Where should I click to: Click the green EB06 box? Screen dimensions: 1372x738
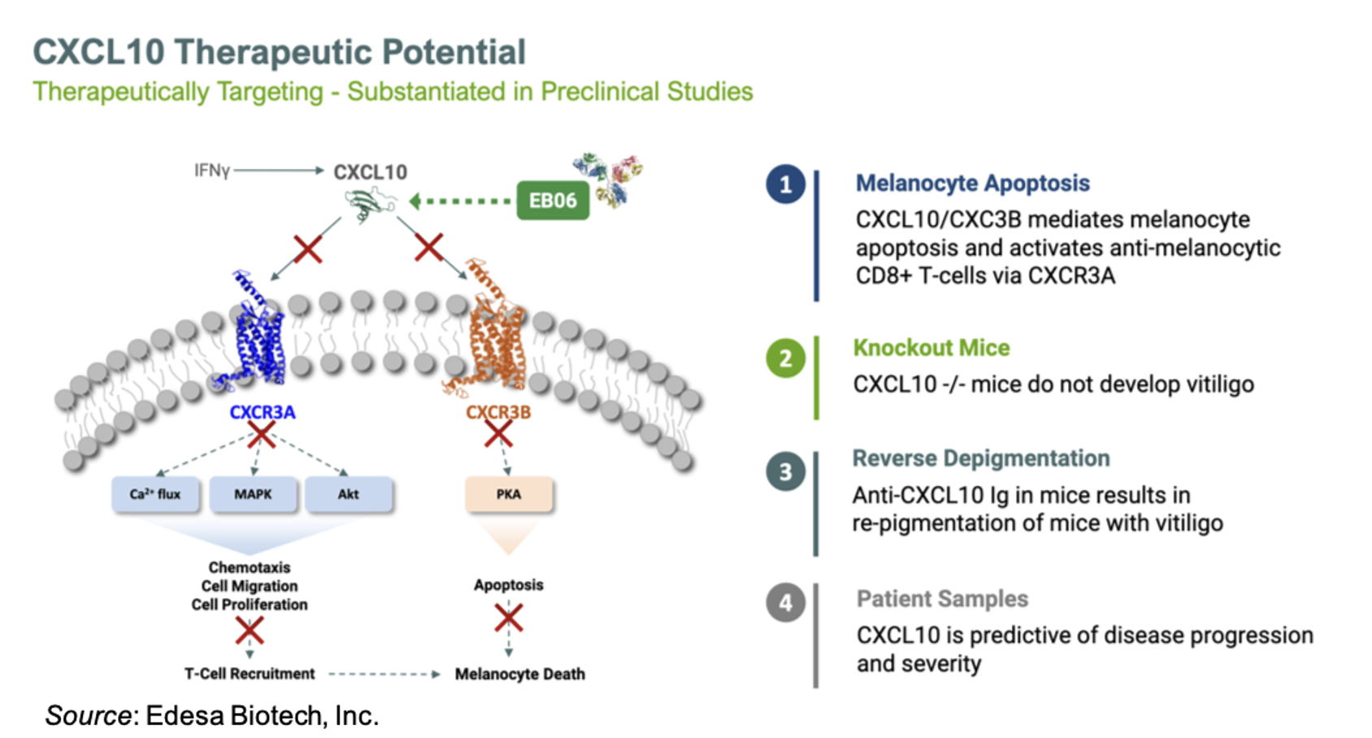tap(553, 200)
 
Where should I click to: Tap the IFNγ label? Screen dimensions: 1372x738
tap(212, 170)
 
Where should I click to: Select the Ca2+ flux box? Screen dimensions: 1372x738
tap(155, 494)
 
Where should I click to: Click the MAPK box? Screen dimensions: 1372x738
tap(253, 494)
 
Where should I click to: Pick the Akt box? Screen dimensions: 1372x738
tap(349, 494)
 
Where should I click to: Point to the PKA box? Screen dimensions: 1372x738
tap(509, 494)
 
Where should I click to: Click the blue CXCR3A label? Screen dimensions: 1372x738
tap(263, 412)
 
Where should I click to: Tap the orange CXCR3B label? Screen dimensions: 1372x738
tap(498, 412)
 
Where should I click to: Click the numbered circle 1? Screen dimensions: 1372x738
tap(786, 184)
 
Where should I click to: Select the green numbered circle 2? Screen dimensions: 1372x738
tap(786, 358)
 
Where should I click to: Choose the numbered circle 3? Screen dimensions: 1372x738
tap(786, 471)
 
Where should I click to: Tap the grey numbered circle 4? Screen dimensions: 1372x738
tap(786, 602)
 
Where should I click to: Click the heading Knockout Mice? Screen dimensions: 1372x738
tap(931, 348)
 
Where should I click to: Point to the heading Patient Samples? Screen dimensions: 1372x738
tap(942, 599)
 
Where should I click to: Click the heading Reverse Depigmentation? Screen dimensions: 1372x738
tap(981, 458)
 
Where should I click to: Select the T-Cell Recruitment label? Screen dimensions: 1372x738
tap(250, 674)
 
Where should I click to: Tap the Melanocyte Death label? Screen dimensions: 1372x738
tap(520, 675)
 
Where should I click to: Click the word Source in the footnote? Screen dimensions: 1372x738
tap(89, 715)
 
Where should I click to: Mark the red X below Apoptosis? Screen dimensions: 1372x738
tap(508, 618)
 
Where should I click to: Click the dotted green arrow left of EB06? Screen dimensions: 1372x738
tap(460, 201)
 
